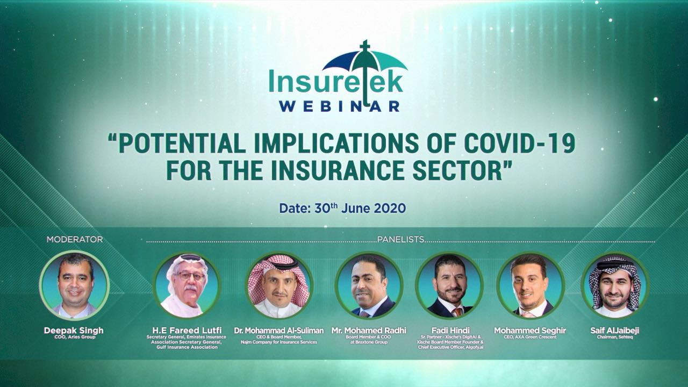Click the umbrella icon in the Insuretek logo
coord(365,61)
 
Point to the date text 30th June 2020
coord(360,208)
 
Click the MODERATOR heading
coord(75,240)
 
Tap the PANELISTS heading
coord(401,240)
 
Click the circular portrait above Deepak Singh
coord(74,285)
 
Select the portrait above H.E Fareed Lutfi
coord(187,285)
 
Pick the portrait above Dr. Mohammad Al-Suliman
coord(279,285)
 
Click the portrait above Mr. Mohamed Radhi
coord(369,285)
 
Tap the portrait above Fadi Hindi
coord(450,285)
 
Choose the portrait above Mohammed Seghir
coord(530,285)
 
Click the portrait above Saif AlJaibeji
coord(614,285)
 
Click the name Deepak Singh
coord(74,331)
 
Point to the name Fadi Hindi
coord(450,331)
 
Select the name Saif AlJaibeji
coord(614,331)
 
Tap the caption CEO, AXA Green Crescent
coord(530,337)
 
